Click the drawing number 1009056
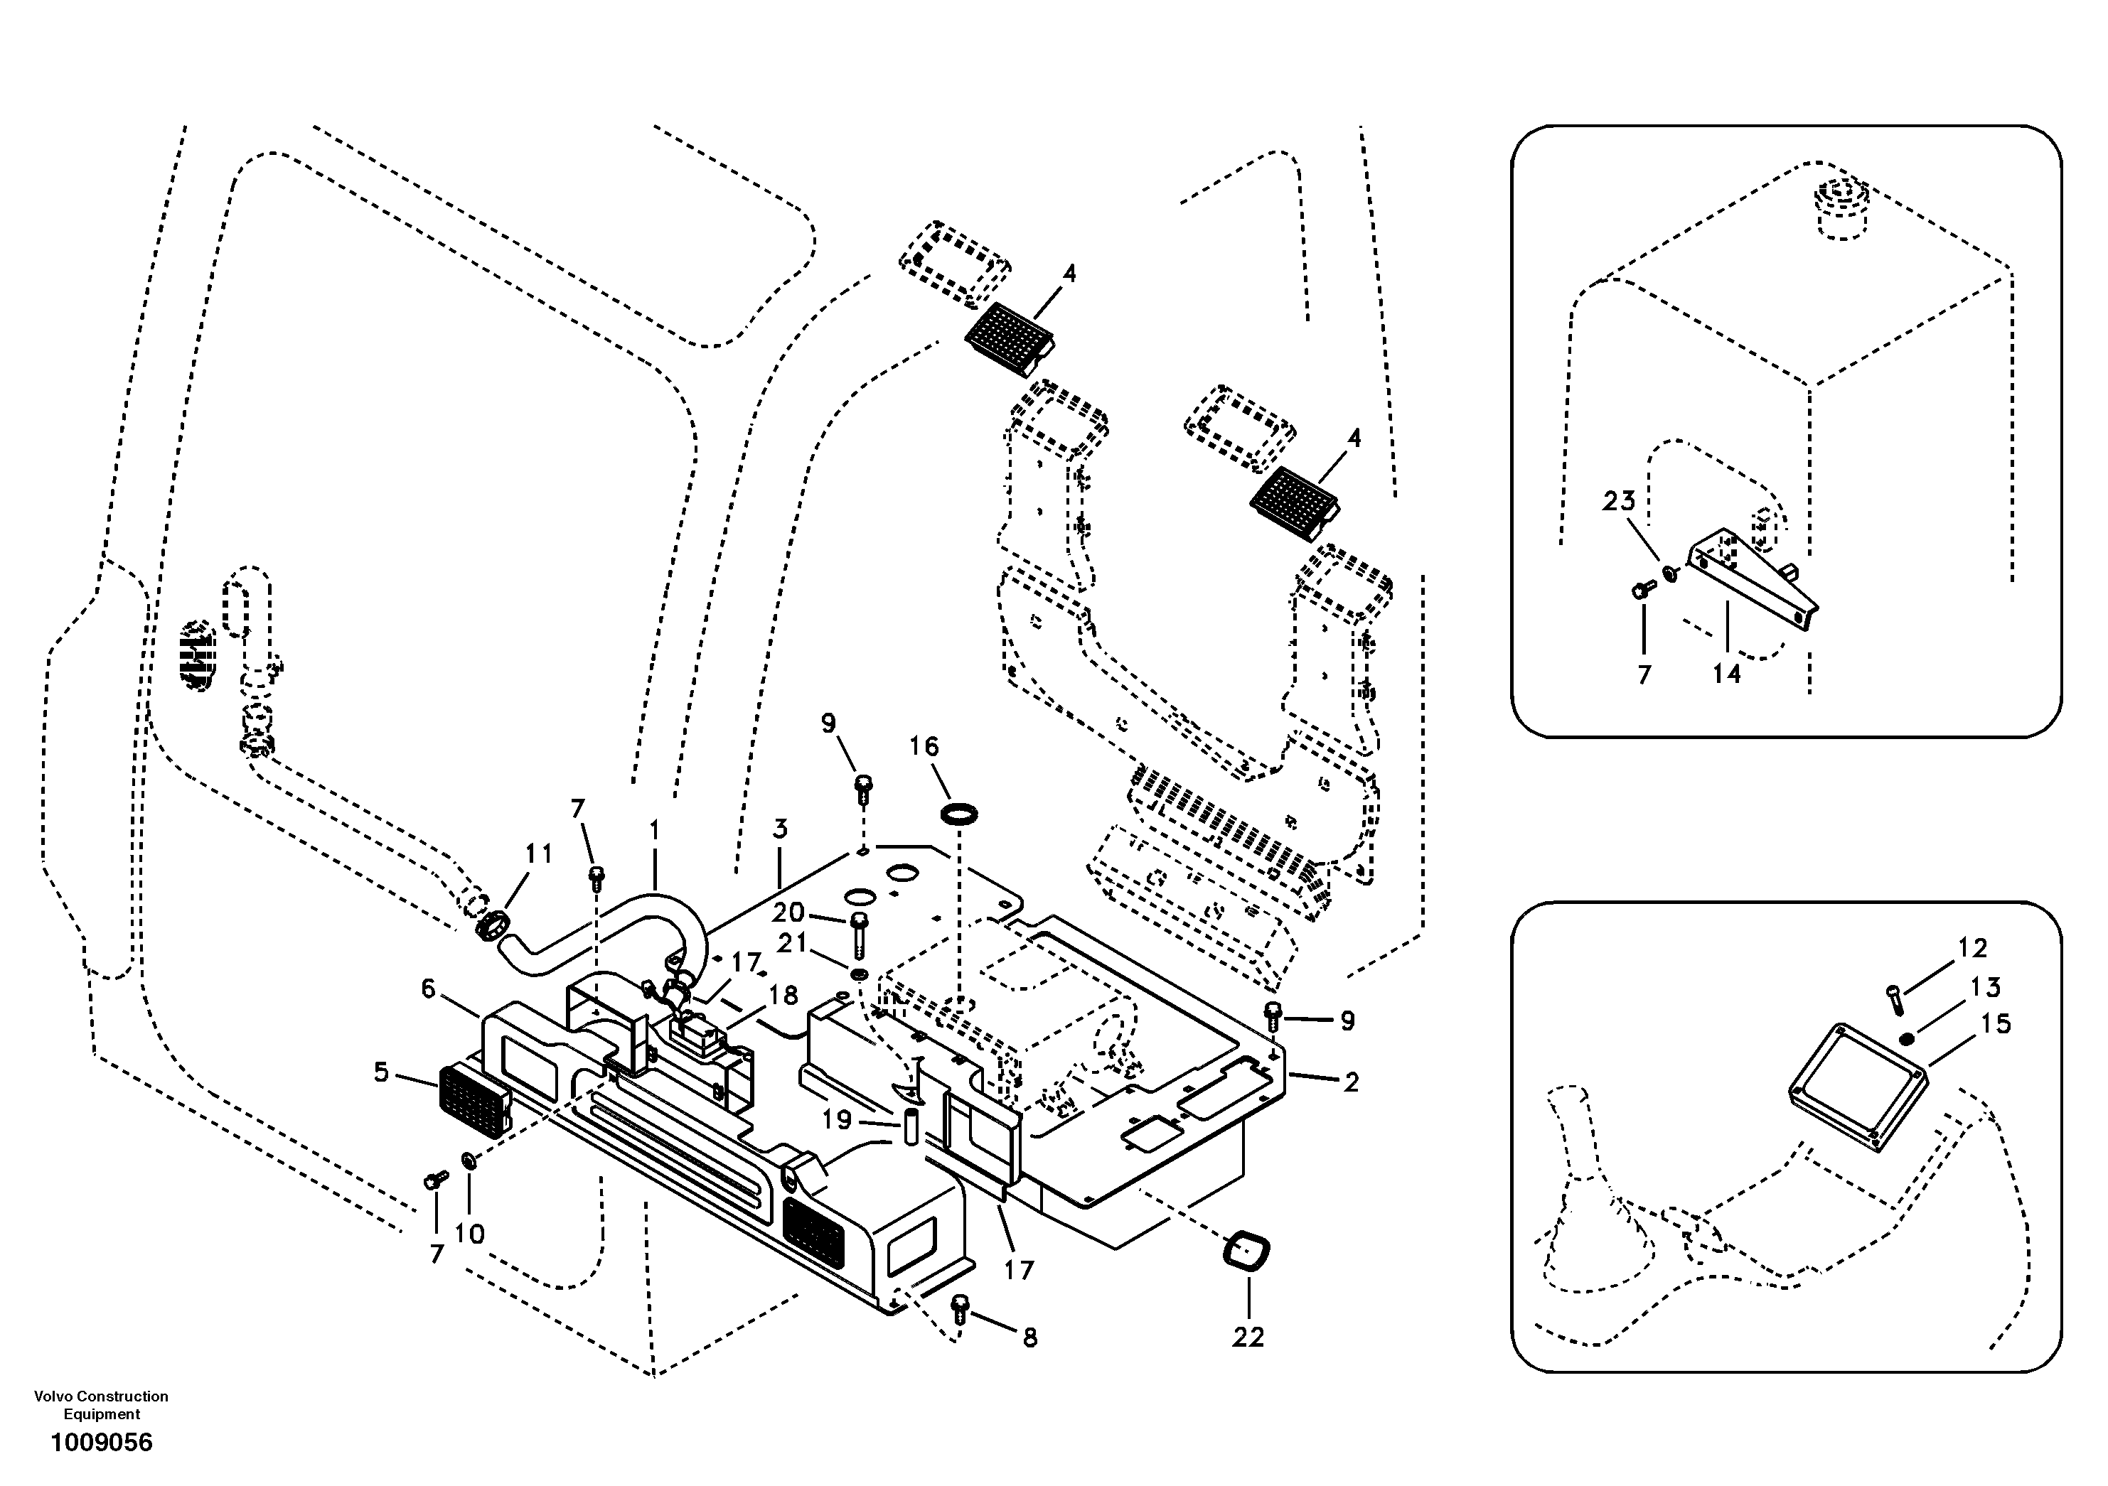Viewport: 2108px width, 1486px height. (101, 1442)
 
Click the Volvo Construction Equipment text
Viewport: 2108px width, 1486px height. (101, 1404)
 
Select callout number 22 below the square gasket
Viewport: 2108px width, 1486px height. (1248, 1337)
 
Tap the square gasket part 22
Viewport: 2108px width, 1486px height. (1248, 1252)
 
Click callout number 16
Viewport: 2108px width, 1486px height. (924, 746)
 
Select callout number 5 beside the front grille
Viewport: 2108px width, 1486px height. (381, 1072)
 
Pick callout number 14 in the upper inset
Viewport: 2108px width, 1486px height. (1726, 674)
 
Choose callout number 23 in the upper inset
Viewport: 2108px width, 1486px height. (1620, 501)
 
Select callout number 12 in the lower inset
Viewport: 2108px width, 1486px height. (1972, 947)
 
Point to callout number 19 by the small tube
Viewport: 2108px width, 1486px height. (836, 1120)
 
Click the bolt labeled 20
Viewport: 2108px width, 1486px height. (860, 932)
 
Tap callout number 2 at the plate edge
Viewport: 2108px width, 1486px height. (1351, 1082)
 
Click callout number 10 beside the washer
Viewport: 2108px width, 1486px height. (469, 1234)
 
